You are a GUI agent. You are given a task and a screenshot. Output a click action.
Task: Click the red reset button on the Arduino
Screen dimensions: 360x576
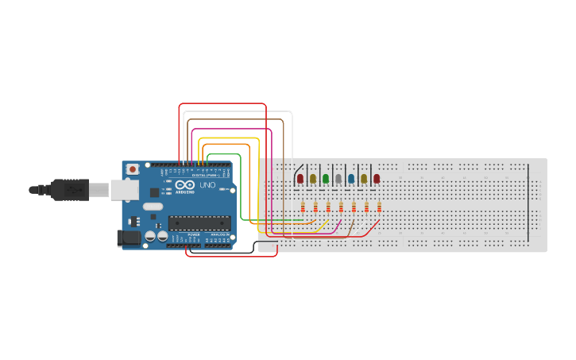[132, 169]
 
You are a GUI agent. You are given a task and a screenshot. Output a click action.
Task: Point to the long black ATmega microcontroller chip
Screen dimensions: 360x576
[199, 223]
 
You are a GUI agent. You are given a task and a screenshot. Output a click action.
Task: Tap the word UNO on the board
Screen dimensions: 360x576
[207, 185]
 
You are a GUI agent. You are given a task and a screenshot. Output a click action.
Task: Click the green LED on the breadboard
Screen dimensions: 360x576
[326, 179]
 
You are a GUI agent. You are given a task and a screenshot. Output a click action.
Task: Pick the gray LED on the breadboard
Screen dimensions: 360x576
[338, 179]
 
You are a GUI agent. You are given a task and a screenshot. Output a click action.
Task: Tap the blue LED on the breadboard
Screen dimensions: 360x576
[351, 179]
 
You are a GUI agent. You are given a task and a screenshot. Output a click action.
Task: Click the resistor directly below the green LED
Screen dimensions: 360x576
[328, 207]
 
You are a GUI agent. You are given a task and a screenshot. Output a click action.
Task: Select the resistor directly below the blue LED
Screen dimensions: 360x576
[354, 207]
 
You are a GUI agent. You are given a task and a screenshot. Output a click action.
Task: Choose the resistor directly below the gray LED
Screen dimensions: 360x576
[341, 207]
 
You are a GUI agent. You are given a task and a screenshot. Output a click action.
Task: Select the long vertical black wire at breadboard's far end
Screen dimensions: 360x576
[529, 203]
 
